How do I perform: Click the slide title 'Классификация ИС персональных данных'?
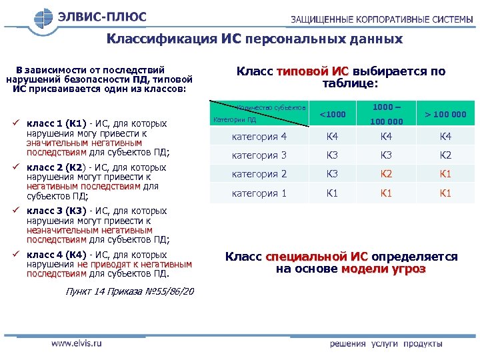(255, 39)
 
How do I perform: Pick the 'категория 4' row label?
(259, 137)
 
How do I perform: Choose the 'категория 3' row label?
(259, 155)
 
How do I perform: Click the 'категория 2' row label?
(259, 174)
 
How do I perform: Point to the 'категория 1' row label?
(259, 193)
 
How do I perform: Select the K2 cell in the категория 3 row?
(446, 155)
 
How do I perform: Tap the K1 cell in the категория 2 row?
(446, 174)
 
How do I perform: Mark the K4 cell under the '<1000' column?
(332, 137)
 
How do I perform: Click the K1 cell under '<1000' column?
(332, 193)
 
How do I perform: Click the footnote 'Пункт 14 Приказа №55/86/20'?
(130, 292)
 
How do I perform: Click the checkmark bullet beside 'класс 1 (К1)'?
(16, 123)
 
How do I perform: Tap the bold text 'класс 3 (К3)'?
(57, 211)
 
